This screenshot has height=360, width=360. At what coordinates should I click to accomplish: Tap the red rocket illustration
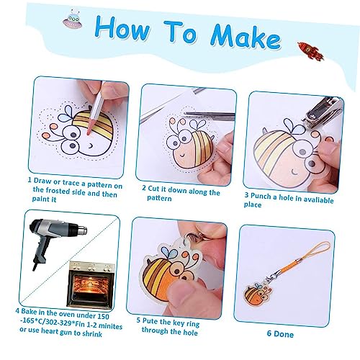[x=311, y=51]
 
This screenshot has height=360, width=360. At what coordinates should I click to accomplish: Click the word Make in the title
[x=246, y=35]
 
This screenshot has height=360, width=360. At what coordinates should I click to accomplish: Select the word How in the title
[x=122, y=27]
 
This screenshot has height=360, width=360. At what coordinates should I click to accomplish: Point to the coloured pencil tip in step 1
[x=89, y=131]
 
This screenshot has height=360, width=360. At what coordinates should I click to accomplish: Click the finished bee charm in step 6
[x=258, y=294]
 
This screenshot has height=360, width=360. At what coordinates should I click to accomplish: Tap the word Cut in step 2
[x=153, y=189]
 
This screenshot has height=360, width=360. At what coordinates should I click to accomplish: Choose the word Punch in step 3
[x=261, y=197]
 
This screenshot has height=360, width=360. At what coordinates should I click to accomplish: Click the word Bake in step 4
[x=29, y=311]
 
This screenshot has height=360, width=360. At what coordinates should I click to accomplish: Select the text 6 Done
[x=280, y=334]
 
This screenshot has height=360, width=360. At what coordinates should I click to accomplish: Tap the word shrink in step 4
[x=92, y=334]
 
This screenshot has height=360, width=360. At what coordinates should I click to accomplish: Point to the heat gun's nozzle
[x=83, y=230]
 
